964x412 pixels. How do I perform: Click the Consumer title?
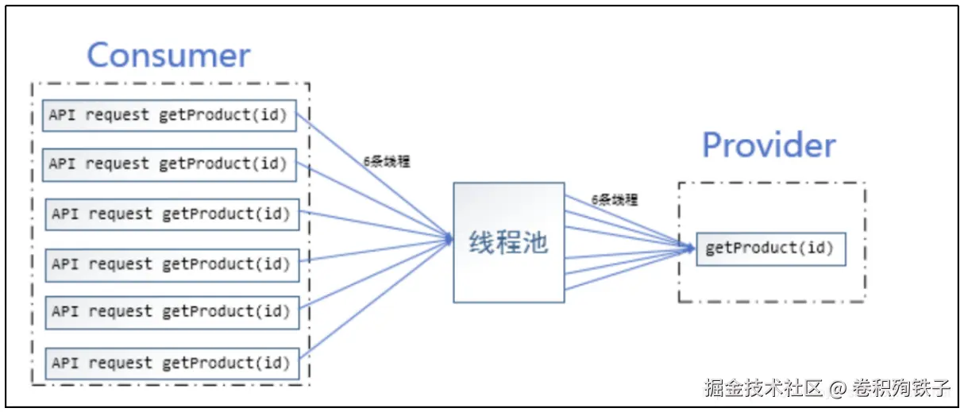tap(168, 55)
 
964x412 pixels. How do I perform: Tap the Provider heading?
tap(769, 145)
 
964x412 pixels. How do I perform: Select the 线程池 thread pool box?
tap(508, 242)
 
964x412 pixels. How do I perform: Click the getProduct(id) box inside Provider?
tap(770, 248)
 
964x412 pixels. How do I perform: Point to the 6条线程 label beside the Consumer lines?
tap(387, 161)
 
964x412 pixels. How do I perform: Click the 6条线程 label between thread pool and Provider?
tap(614, 200)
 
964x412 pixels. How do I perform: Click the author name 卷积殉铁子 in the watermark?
tap(900, 388)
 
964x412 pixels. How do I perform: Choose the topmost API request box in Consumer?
tap(168, 115)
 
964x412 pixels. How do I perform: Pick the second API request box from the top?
tap(168, 164)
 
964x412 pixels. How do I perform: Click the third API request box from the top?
tap(172, 214)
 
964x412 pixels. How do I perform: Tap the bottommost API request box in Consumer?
tap(172, 363)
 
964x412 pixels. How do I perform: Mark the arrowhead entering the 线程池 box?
tap(449, 236)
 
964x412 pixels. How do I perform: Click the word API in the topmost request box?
tap(64, 115)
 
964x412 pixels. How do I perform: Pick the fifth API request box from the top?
tap(172, 312)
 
